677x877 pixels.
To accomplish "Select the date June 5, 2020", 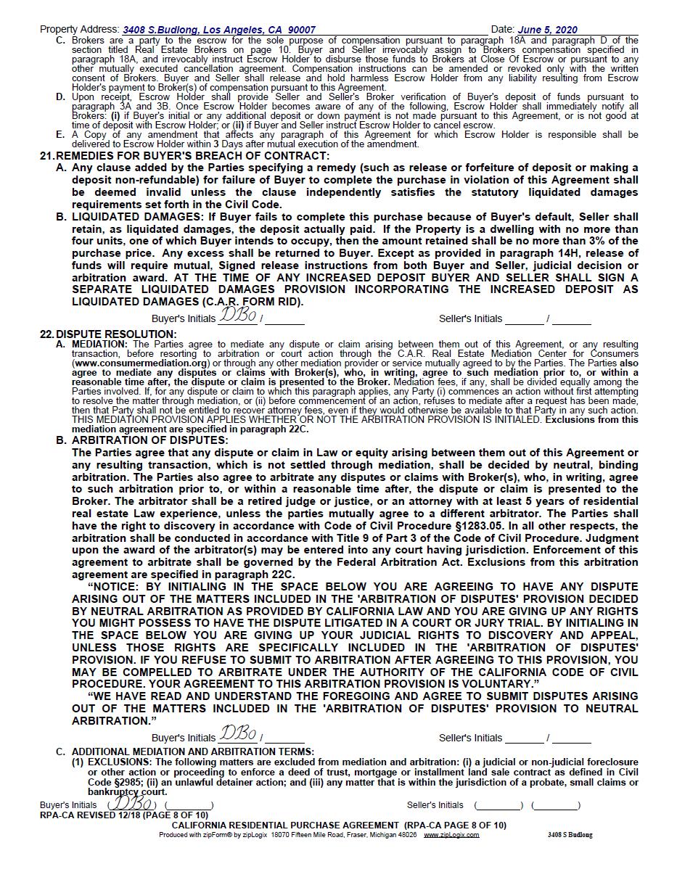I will (x=547, y=30).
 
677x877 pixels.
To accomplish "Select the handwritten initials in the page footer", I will (x=131, y=804).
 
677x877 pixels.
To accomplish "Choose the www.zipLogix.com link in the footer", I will (x=451, y=835).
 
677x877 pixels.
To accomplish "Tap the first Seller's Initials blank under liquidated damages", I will (x=524, y=319).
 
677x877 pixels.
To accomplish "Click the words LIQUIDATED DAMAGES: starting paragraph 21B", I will (x=138, y=217).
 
